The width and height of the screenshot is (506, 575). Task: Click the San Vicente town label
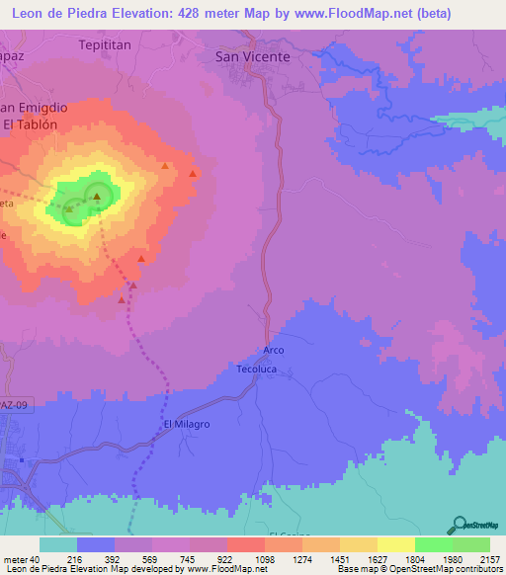253,57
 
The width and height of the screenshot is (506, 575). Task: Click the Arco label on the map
274,351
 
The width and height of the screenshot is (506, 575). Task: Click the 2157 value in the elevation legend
490,559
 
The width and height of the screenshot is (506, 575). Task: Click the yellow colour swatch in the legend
395,544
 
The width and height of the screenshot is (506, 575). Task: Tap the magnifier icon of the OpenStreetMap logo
459,525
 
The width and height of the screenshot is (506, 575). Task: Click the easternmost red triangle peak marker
193,173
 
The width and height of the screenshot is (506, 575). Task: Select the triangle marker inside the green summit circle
97,198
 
